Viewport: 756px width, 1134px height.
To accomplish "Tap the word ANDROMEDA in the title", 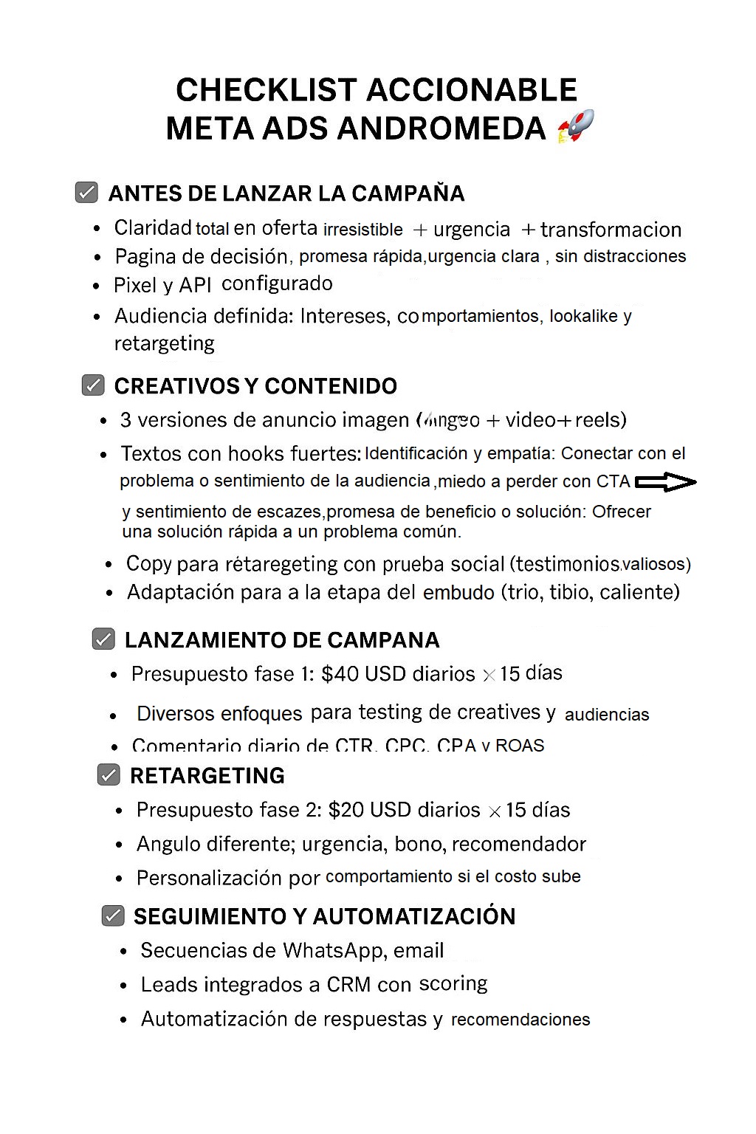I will tap(441, 128).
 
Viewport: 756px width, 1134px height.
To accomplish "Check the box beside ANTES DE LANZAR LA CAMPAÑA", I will tap(87, 193).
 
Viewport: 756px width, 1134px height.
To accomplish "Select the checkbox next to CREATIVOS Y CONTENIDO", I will tap(93, 385).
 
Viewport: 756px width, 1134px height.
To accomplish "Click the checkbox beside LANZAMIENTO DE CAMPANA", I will tap(103, 639).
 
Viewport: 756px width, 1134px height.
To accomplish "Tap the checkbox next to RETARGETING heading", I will tap(109, 775).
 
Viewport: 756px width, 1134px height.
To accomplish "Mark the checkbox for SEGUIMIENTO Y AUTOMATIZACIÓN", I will tap(113, 916).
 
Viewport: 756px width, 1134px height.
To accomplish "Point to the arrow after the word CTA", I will tap(665, 482).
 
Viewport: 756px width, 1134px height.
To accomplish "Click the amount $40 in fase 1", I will tap(340, 674).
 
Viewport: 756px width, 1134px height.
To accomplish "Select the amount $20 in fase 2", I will tap(346, 810).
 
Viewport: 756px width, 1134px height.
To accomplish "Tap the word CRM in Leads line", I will tap(348, 985).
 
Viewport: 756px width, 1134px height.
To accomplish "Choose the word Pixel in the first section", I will tap(134, 285).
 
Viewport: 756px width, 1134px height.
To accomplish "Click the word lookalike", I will tap(583, 316).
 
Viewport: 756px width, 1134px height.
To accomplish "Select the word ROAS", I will tap(519, 745).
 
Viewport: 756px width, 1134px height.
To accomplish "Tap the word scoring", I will tap(453, 984).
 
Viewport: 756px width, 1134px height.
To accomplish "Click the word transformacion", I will tap(611, 230).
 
